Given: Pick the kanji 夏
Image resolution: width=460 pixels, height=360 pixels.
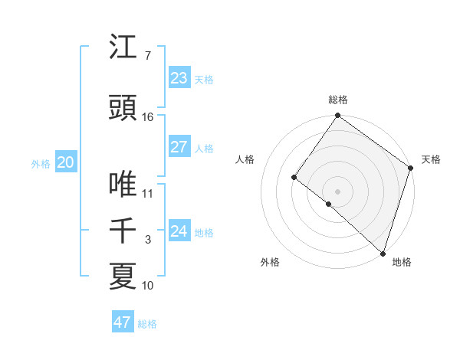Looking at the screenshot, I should pos(123,277).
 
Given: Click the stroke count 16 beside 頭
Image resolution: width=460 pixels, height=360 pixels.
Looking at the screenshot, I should pos(148,117).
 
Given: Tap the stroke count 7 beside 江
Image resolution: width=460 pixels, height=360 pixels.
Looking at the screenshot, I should pos(148,56).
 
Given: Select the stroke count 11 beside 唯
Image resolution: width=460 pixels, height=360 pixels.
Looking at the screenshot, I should pos(148,194).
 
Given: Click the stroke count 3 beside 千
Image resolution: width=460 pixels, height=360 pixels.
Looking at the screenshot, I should pos(148,240).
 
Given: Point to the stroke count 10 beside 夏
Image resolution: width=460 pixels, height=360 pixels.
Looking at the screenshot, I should pos(148,286).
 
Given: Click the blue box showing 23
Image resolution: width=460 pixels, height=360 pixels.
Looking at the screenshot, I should pos(179,78).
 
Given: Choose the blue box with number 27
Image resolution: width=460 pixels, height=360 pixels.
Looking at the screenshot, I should pos(179,147).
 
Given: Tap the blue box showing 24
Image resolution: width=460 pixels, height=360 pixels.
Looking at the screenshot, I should pos(179,231).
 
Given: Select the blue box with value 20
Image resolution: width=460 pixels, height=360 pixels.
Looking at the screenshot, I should pos(66,162).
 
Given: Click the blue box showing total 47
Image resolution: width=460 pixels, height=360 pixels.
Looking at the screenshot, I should pos(123,322).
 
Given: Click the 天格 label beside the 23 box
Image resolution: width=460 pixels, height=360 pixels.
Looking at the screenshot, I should pos(204,80).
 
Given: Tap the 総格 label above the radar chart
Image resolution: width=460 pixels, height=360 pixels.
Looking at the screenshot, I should pos(337,100).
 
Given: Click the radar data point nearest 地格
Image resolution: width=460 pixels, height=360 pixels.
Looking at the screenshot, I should pos(383,252).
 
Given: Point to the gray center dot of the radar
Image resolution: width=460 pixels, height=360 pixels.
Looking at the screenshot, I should pos(337,191).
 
